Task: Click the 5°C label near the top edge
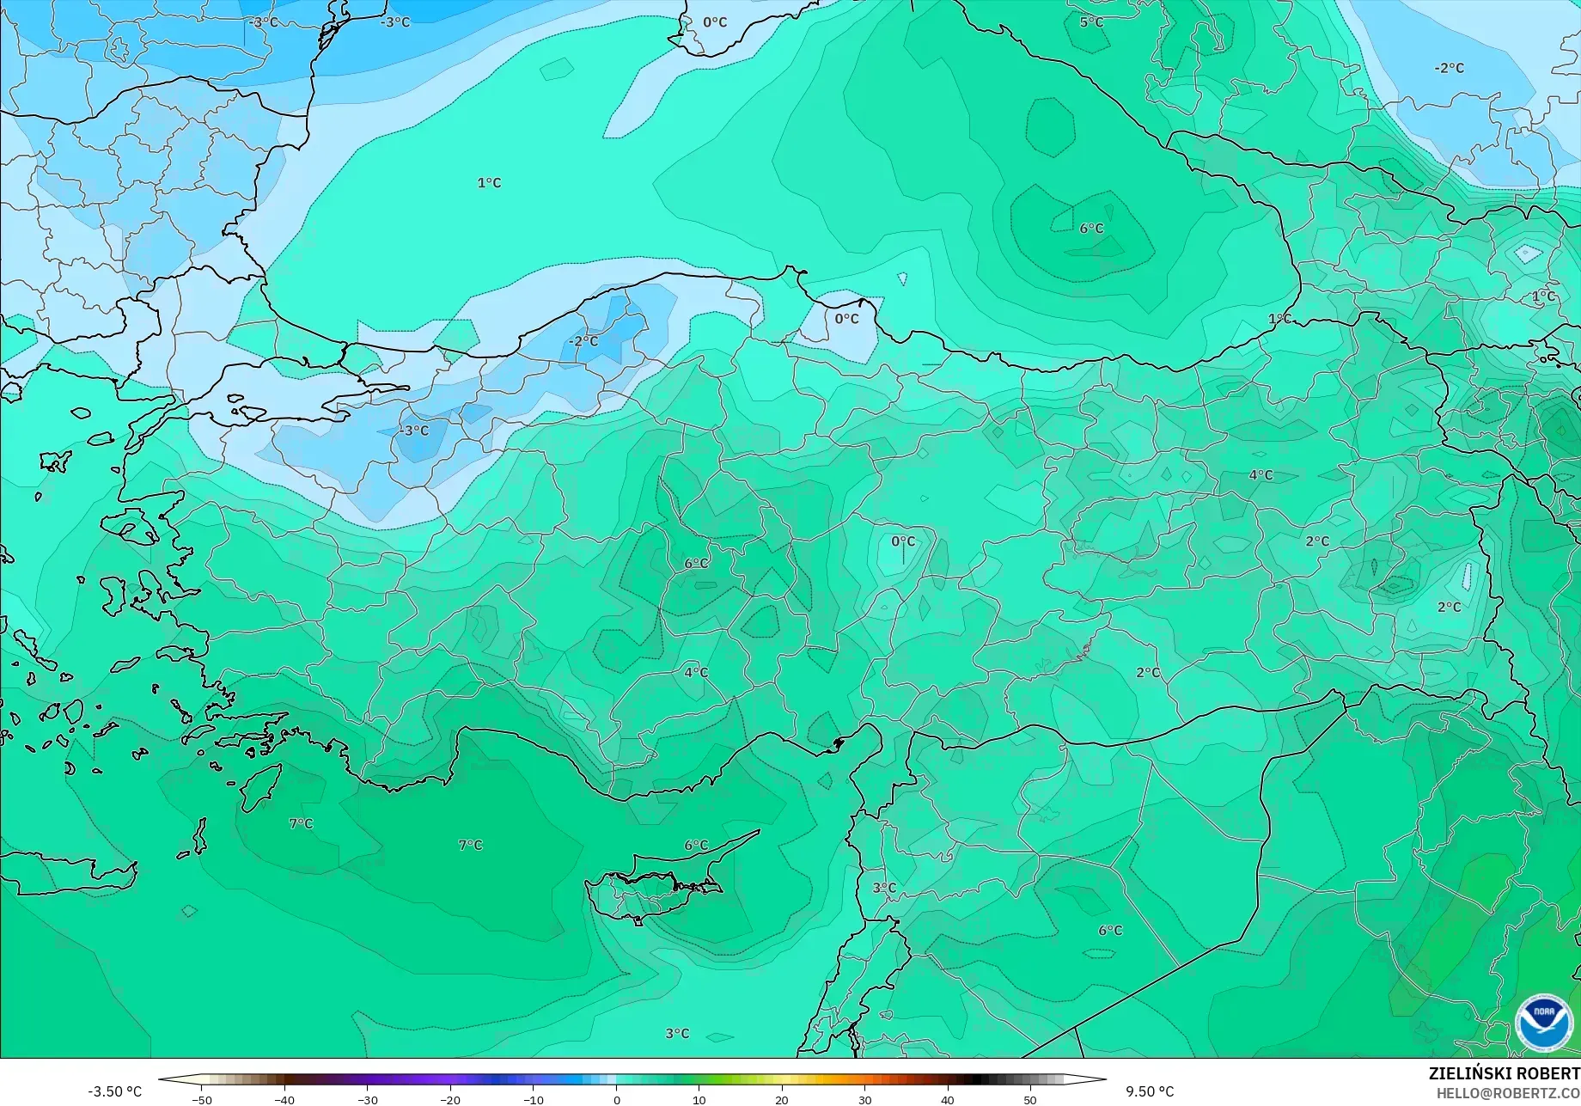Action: click(x=1091, y=21)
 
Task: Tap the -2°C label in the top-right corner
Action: click(x=1449, y=68)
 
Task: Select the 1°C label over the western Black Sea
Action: click(x=489, y=183)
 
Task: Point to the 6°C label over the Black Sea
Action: click(x=1091, y=229)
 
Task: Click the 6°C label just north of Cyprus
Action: click(x=696, y=846)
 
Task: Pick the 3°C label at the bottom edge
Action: click(x=677, y=1034)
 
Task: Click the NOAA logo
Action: click(x=1544, y=1023)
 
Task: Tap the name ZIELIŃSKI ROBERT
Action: click(x=1504, y=1073)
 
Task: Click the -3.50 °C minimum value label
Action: click(x=114, y=1091)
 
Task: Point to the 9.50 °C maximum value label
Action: click(x=1150, y=1091)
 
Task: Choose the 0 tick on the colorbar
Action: click(x=616, y=1100)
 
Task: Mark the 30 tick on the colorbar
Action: click(x=864, y=1100)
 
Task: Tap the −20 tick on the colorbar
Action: click(x=450, y=1100)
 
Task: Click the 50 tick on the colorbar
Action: click(x=1030, y=1100)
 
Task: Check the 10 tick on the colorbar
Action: click(x=699, y=1100)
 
